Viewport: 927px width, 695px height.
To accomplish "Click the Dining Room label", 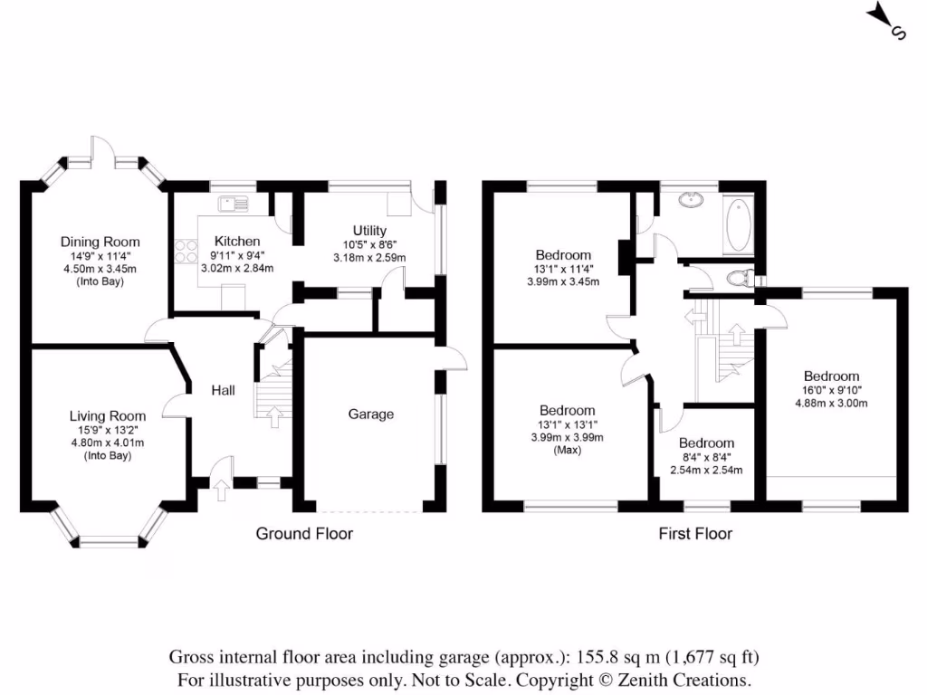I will [100, 242].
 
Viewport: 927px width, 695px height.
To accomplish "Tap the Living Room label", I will [107, 416].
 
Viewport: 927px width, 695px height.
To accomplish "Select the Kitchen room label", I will [237, 242].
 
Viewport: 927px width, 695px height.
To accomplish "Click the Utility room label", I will [369, 232].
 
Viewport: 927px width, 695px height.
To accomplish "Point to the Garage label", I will [371, 414].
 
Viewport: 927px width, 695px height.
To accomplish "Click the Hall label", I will [224, 390].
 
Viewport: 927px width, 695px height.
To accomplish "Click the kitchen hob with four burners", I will [186, 251].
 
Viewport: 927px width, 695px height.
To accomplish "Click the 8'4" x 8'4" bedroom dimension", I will [706, 457].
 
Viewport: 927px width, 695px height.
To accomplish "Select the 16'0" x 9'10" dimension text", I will [831, 390].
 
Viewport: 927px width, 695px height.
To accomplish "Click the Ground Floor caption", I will [304, 534].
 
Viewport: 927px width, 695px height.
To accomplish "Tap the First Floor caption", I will [694, 534].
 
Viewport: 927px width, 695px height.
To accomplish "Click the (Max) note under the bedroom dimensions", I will [567, 450].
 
